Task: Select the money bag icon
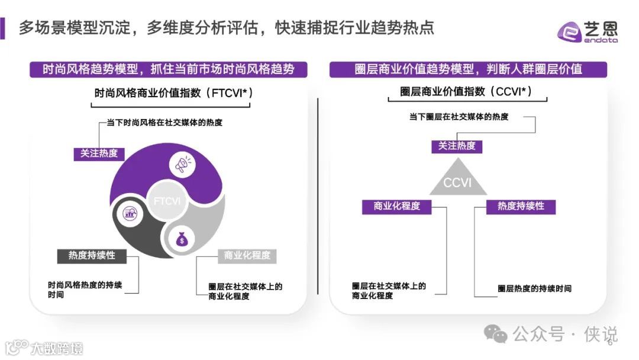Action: [181, 239]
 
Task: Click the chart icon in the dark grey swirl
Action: [131, 214]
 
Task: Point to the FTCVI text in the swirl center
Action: [167, 201]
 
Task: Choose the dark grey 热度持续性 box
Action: [92, 256]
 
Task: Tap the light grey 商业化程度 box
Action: [247, 256]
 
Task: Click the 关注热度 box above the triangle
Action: [457, 146]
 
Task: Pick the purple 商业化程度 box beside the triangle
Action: [396, 207]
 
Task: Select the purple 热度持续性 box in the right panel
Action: [521, 207]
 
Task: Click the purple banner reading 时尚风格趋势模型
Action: [169, 69]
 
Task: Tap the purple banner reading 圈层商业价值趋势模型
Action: [468, 69]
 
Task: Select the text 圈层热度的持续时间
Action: [534, 289]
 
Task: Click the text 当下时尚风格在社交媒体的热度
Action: [164, 123]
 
